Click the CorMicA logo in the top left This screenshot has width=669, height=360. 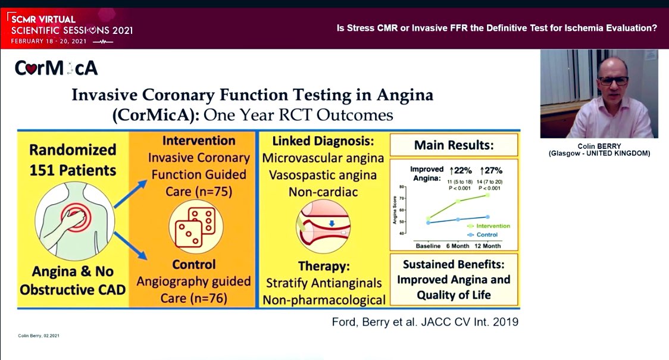tap(56, 68)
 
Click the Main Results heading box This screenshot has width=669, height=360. tap(454, 145)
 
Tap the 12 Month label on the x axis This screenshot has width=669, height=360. tap(487, 246)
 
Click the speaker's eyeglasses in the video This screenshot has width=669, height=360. tap(613, 81)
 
